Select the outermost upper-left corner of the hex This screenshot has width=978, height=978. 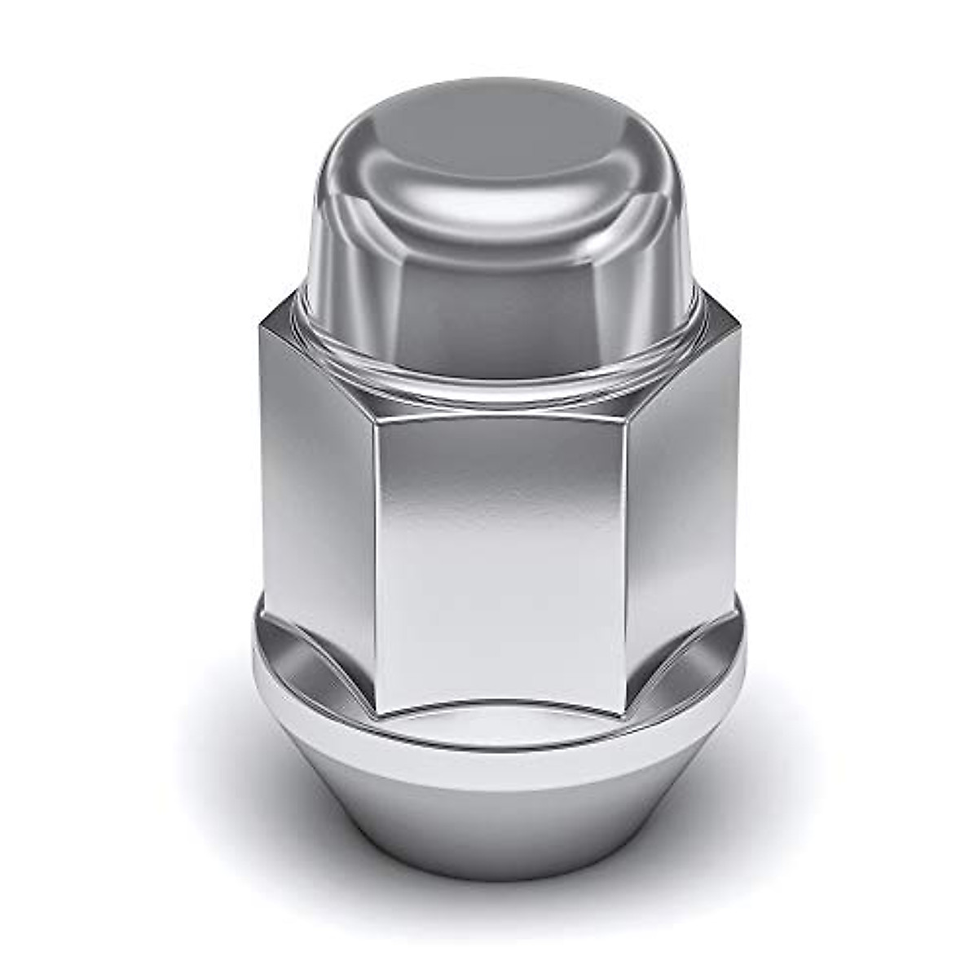click(x=259, y=326)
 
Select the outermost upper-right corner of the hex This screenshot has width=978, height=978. click(x=742, y=326)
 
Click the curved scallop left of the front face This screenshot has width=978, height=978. click(x=326, y=652)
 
